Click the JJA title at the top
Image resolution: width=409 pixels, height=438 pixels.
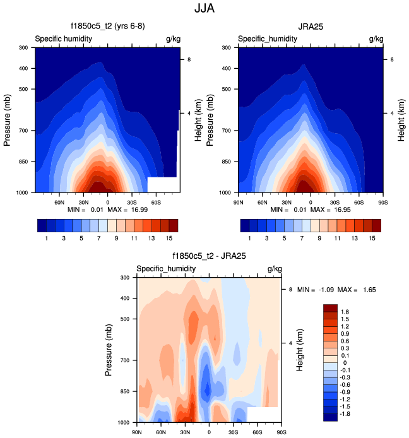[204, 10]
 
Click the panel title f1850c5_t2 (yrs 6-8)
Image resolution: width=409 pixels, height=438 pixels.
[107, 27]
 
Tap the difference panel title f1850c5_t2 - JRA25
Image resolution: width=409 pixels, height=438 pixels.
[209, 256]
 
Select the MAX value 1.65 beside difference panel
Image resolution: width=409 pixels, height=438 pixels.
[386, 290]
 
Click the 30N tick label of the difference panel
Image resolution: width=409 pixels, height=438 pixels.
[186, 432]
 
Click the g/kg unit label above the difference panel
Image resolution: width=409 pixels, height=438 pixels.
[274, 269]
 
